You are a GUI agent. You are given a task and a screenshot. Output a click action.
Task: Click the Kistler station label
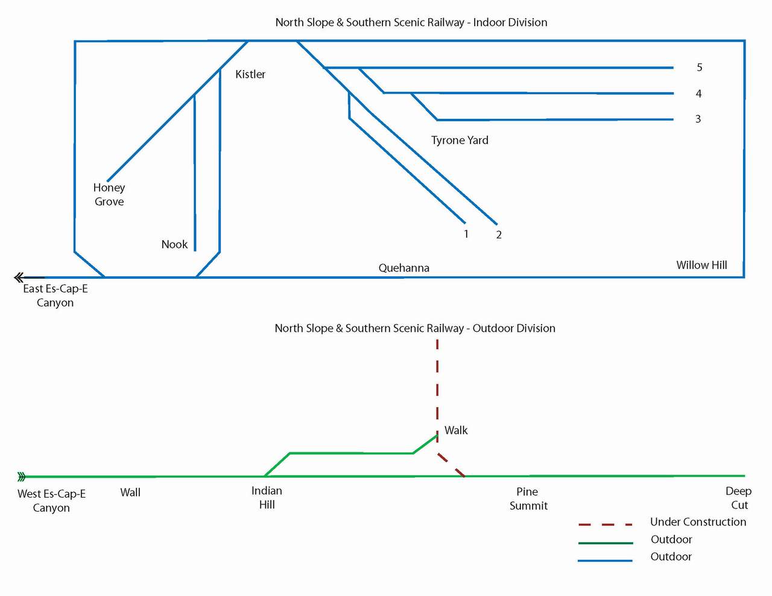point(250,74)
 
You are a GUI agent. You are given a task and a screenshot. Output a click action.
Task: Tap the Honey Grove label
point(109,194)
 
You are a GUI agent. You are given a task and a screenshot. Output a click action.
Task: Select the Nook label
point(174,244)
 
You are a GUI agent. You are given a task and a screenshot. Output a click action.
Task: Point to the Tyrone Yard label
point(460,140)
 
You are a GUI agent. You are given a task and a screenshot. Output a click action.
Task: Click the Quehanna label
point(404,268)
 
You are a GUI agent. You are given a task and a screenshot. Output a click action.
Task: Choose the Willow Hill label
point(701,265)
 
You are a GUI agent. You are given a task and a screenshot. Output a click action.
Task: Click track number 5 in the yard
point(700,68)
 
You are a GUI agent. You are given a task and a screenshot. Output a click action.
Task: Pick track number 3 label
point(698,119)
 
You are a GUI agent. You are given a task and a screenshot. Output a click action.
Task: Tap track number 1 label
point(466,234)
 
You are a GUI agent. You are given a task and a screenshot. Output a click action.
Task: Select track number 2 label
point(499,235)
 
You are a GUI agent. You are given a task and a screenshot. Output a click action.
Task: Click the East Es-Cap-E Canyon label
point(55,296)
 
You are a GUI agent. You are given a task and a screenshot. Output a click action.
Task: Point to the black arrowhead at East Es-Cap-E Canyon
point(19,277)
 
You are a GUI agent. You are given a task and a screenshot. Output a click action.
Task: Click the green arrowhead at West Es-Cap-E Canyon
point(22,477)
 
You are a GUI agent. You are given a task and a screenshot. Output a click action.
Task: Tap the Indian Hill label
point(267,498)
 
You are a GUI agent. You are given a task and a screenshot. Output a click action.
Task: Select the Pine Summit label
point(528,498)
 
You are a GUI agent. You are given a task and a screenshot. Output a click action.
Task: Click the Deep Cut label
point(738,498)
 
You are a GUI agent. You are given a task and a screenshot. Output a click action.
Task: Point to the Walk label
point(456,430)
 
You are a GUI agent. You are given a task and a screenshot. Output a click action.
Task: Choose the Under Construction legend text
point(698,522)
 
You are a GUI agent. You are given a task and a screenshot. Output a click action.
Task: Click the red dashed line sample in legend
point(605,524)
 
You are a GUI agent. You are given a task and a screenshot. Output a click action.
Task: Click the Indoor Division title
point(411,22)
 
